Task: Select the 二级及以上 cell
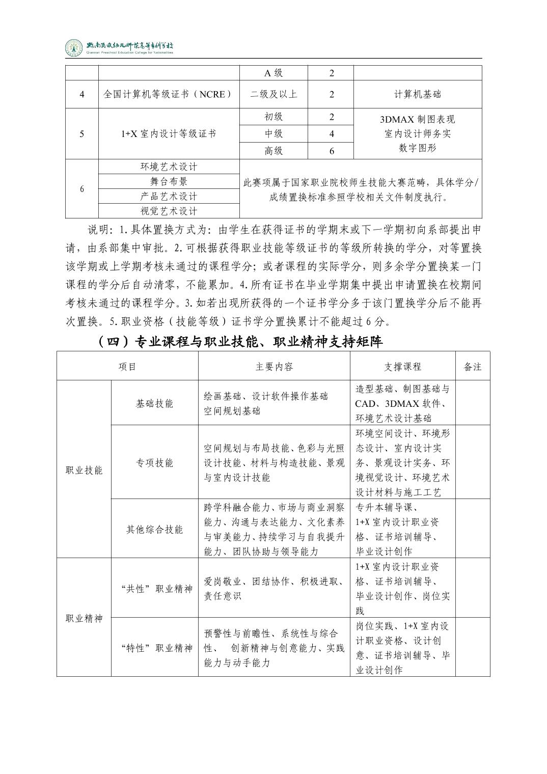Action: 274,94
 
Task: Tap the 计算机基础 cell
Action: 417,94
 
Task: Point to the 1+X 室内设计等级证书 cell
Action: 168,134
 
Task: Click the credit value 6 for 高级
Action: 331,151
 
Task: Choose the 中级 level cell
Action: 274,134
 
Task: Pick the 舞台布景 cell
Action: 168,181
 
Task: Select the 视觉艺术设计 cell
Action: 168,211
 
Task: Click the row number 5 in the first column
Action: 82,134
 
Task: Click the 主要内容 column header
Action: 274,367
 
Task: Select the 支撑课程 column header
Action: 402,367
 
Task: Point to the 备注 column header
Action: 473,367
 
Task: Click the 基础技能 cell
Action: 154,403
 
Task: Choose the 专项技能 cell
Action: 154,462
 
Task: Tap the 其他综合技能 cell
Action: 154,530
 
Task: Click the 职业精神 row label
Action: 84,619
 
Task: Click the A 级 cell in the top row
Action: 274,73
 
